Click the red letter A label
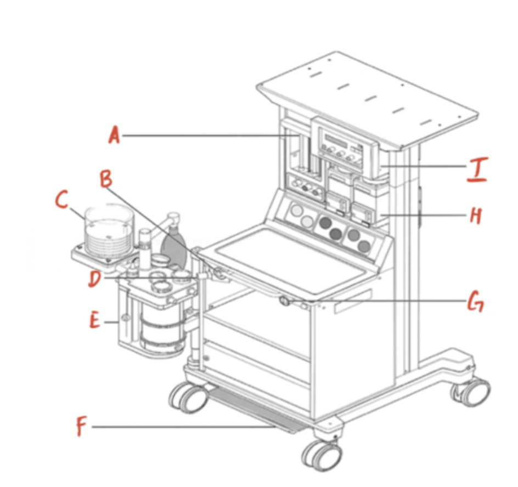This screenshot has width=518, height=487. tap(114, 135)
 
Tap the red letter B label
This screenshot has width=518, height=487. tap(106, 179)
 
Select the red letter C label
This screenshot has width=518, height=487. tap(62, 200)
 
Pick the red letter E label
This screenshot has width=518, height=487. tap(95, 320)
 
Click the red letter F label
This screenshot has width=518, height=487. tap(81, 426)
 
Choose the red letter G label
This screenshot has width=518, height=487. tap(476, 301)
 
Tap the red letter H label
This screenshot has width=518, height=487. tap(476, 216)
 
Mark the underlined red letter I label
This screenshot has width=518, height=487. tap(477, 169)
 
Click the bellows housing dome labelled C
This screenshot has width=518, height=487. tap(109, 231)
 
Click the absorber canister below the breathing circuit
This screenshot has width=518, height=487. tap(162, 330)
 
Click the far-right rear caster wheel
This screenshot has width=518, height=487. tap(470, 392)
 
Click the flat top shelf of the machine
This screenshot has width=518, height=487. tap(367, 100)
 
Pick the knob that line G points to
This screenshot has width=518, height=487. tap(284, 301)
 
